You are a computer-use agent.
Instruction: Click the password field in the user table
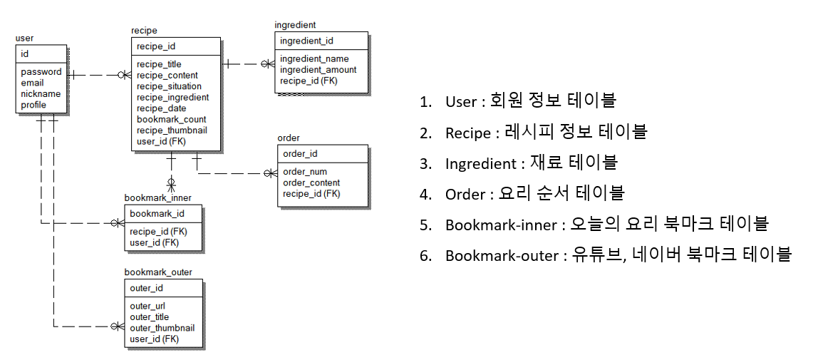(41, 72)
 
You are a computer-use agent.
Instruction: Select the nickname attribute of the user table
(41, 94)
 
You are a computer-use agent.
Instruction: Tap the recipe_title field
(159, 64)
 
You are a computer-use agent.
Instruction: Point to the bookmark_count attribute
(172, 119)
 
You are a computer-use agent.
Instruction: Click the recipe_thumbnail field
(172, 130)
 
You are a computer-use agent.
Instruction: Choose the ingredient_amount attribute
(318, 70)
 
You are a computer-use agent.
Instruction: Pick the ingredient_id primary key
(306, 41)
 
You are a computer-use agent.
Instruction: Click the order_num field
(304, 172)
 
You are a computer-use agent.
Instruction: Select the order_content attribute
(311, 182)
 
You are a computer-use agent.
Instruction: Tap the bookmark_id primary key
(157, 213)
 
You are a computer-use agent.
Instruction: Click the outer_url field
(148, 306)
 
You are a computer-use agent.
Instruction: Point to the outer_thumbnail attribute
(162, 328)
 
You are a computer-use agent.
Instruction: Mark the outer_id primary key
(147, 288)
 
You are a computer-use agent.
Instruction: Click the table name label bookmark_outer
(158, 272)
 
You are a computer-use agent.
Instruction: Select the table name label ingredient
(295, 25)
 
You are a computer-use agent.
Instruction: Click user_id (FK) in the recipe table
(161, 141)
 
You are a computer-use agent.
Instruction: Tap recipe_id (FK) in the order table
(311, 194)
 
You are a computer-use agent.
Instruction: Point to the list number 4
(425, 194)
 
